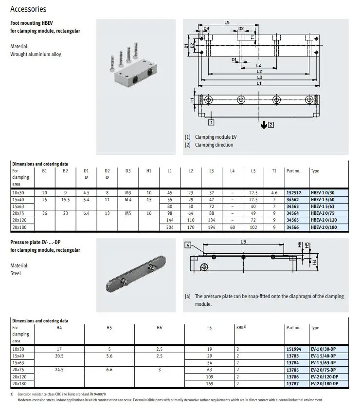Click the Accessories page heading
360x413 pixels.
[28, 9]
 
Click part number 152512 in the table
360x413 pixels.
[294, 193]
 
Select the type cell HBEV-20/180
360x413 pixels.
[324, 227]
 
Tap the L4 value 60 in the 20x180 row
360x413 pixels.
[233, 227]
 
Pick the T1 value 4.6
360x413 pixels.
[274, 193]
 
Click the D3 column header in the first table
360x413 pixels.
[128, 171]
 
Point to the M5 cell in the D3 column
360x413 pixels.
[128, 213]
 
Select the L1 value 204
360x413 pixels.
[170, 227]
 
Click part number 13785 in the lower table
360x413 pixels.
[293, 370]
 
